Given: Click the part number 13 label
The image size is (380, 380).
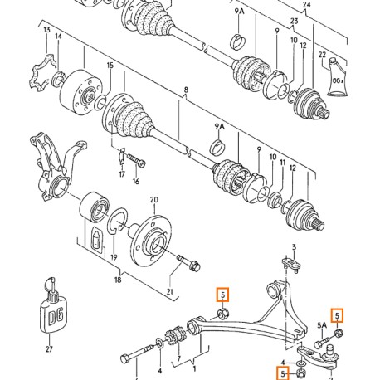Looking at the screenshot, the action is pyautogui.click(x=47, y=30).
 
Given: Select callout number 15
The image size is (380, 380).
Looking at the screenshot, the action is pyautogui.click(x=110, y=66).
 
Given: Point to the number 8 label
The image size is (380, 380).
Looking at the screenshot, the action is pyautogui.click(x=186, y=90).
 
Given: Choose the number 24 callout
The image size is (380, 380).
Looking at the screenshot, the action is pyautogui.click(x=306, y=5).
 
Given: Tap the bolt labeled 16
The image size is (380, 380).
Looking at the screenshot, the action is pyautogui.click(x=136, y=161).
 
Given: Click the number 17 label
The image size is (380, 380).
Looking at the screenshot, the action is pyautogui.click(x=122, y=174).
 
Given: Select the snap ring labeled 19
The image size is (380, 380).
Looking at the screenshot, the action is pyautogui.click(x=117, y=221).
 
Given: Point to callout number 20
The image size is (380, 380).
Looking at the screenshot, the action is pyautogui.click(x=154, y=200).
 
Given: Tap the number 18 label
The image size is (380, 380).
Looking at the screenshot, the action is pyautogui.click(x=118, y=280).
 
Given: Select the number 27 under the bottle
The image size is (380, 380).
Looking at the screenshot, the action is pyautogui.click(x=49, y=349).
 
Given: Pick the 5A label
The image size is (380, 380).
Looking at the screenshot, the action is pyautogui.click(x=322, y=325).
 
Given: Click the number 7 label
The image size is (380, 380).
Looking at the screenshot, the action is pyautogui.click(x=179, y=359).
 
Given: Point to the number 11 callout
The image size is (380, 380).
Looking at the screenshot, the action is pyautogui.click(x=283, y=163).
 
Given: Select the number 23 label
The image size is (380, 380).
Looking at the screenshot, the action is pyautogui.click(x=294, y=21).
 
